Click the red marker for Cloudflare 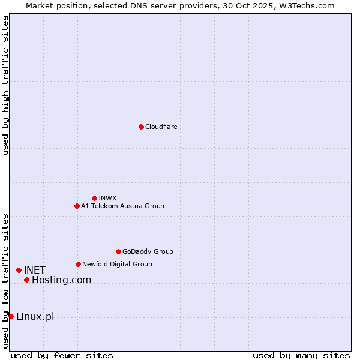[141, 127]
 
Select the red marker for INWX [94, 198]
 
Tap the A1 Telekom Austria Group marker [77, 206]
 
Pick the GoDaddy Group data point [118, 251]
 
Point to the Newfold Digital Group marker [78, 264]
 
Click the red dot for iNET [19, 271]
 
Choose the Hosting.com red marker [26, 280]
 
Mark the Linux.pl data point [11, 316]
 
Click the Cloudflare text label [161, 127]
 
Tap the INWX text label [107, 198]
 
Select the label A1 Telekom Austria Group [122, 206]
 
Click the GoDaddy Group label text [148, 251]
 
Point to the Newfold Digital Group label [117, 264]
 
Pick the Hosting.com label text [61, 280]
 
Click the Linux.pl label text [35, 316]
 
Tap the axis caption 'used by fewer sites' [62, 355]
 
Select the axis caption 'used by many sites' [301, 355]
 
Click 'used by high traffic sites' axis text [5, 85]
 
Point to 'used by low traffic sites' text [5, 281]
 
